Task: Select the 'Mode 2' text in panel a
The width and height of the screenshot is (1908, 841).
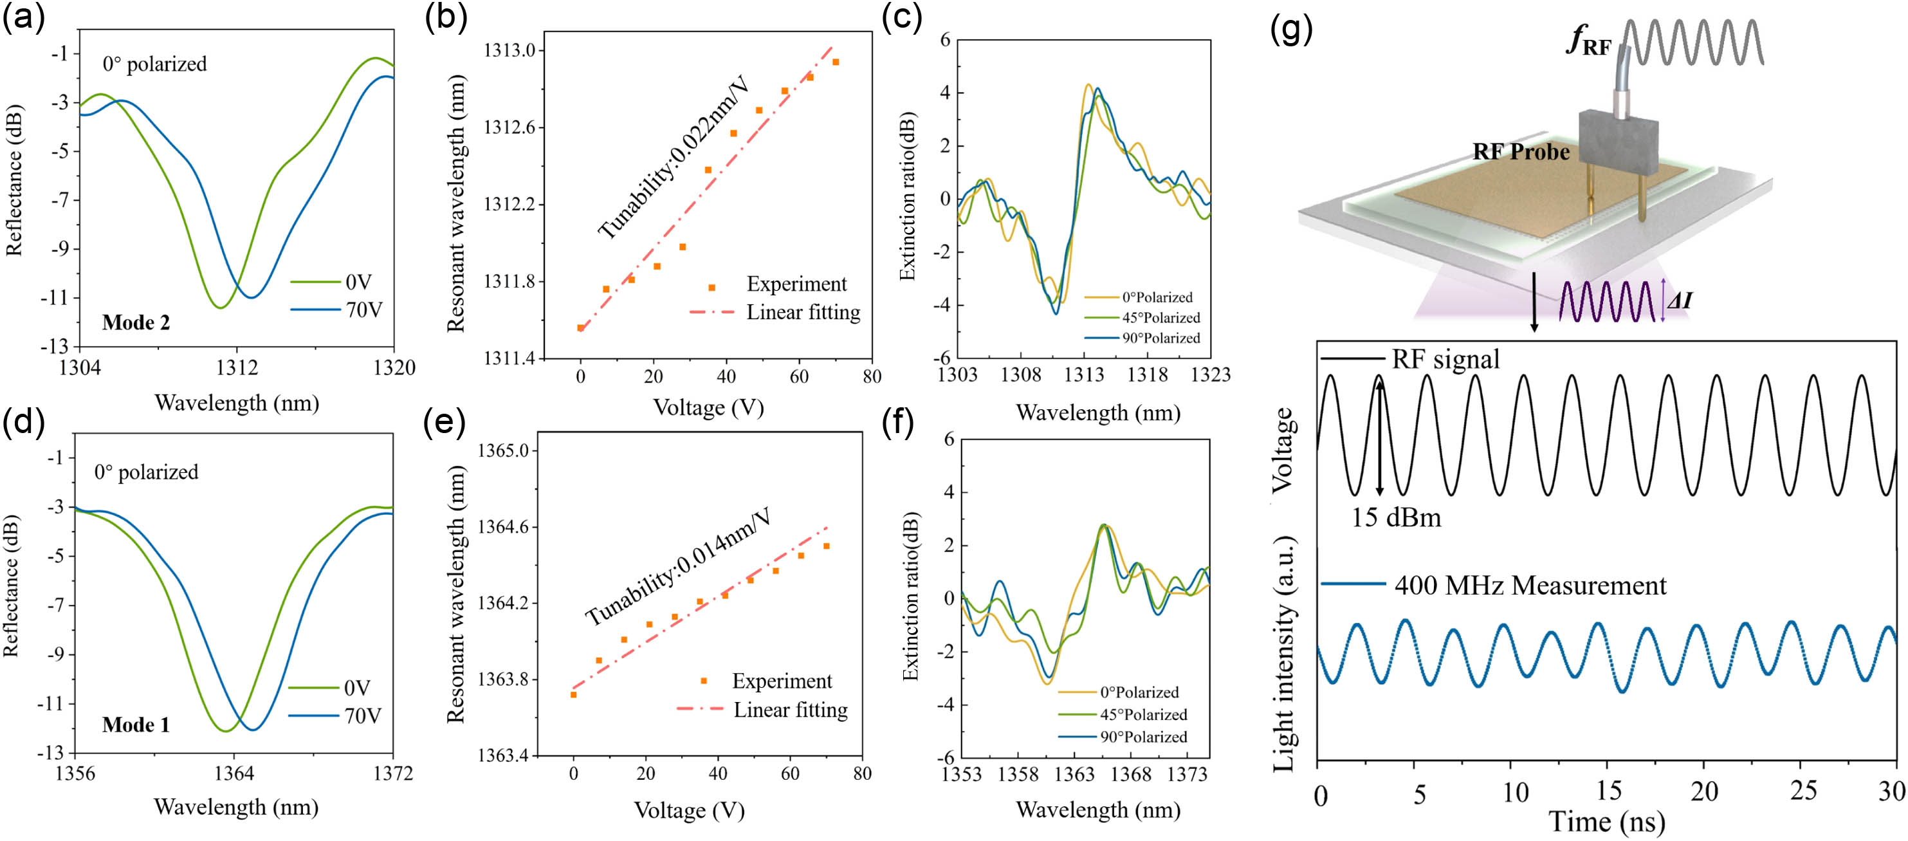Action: (136, 322)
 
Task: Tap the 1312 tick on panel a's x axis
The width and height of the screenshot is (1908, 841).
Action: (236, 367)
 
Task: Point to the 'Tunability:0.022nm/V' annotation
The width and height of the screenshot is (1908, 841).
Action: (674, 157)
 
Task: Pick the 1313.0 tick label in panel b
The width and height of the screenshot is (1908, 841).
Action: (509, 50)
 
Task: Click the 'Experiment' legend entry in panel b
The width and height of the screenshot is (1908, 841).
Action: (796, 284)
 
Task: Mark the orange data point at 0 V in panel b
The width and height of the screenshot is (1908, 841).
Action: (581, 328)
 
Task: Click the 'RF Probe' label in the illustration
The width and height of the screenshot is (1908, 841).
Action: (1521, 152)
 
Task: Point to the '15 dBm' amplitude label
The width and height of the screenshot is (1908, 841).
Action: (1396, 517)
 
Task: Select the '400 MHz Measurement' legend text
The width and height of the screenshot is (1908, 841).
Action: (1530, 586)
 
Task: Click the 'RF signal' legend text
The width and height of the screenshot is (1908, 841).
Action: (1445, 359)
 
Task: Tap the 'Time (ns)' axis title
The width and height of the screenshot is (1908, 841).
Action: (1606, 822)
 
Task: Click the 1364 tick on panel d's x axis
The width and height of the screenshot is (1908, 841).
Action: (234, 773)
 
